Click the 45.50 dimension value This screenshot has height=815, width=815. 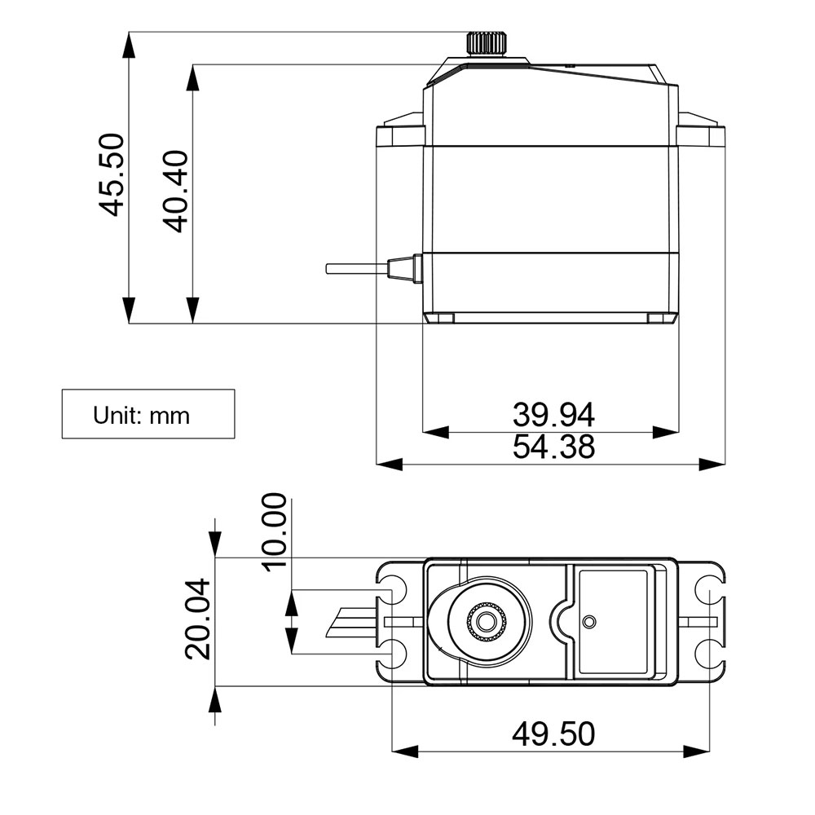point(111,175)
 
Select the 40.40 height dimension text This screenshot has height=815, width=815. point(176,192)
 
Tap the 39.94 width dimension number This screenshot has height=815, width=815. point(553,415)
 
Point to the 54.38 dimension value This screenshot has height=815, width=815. point(553,447)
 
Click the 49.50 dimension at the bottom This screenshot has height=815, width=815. point(553,734)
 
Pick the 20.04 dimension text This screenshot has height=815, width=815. point(199,619)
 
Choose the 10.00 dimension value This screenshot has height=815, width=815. point(274,531)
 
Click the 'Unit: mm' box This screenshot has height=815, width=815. point(148,415)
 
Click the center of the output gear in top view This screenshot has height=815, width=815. point(487,622)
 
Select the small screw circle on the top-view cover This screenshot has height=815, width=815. point(588,622)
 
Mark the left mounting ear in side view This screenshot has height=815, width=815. point(399,135)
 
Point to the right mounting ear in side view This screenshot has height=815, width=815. point(701,135)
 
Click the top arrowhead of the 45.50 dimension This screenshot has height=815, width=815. point(128,45)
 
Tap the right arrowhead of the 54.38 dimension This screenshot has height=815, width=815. point(712,464)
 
